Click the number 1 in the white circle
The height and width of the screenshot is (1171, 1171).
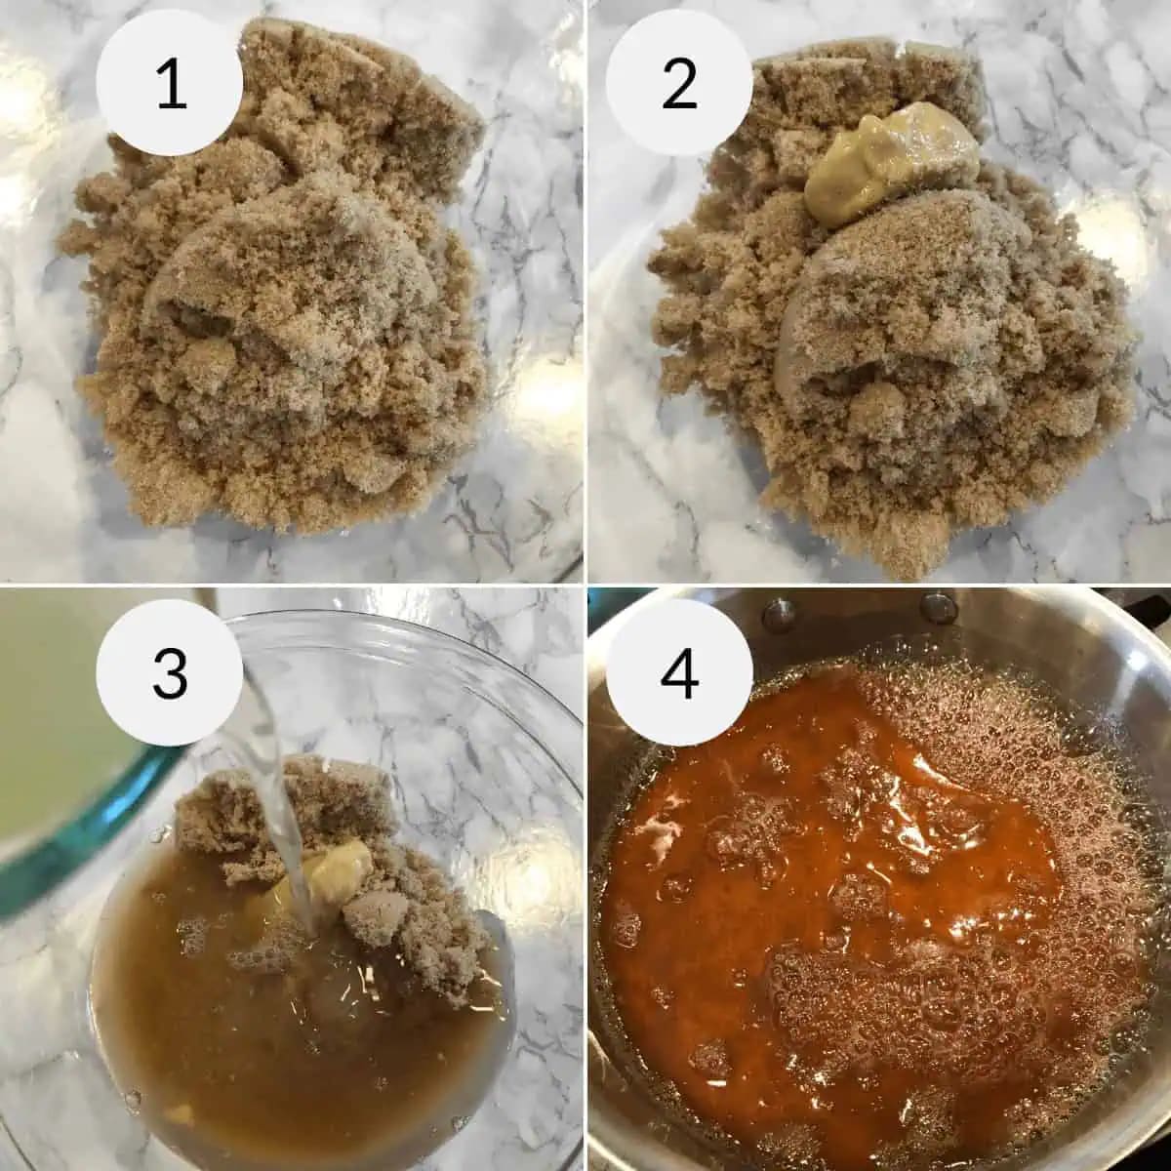pos(171,86)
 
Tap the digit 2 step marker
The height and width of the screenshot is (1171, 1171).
pos(679,86)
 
